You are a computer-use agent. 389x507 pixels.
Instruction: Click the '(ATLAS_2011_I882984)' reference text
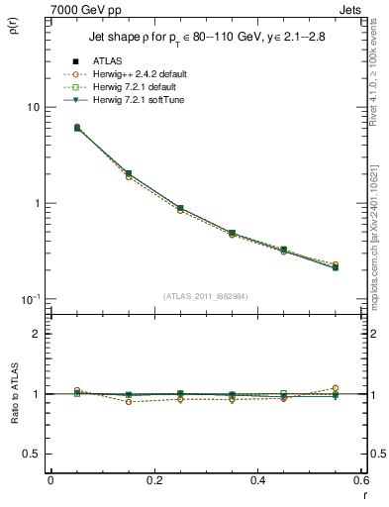point(204,296)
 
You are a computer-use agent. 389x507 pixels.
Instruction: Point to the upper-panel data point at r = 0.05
point(77,128)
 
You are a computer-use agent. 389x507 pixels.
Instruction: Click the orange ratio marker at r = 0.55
point(336,388)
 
